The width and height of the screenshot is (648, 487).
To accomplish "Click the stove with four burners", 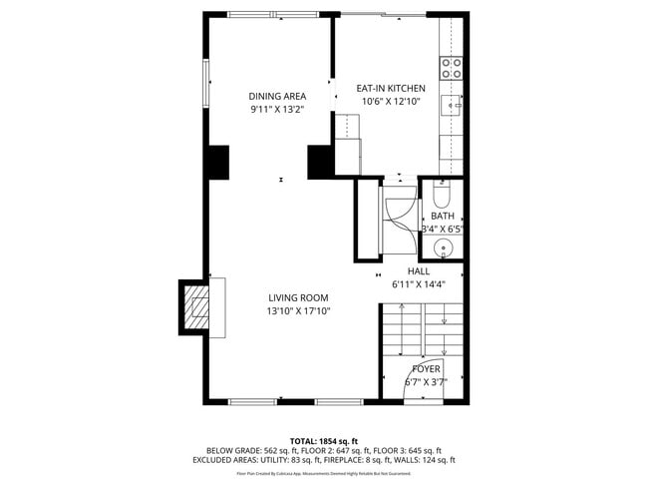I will coord(452,68).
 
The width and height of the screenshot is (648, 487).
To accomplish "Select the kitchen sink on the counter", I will coord(452,104).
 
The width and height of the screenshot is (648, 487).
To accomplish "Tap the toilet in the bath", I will coord(443,193).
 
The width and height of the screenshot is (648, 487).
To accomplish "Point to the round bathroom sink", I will coord(445,248).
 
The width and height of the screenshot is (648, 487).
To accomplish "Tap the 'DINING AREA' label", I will coord(276,97).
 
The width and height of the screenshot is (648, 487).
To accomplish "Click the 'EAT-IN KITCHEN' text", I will coord(391,88).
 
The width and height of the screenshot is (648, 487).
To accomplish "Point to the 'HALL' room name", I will coord(419,270).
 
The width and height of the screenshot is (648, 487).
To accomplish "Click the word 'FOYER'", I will coord(426,368).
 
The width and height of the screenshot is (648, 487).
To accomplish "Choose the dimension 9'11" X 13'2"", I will coord(276,110).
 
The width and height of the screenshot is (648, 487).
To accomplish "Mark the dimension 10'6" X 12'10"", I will coord(391,101).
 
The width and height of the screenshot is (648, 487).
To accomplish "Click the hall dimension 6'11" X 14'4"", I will coord(419,283).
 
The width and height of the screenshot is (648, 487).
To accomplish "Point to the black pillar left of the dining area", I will coord(216,162).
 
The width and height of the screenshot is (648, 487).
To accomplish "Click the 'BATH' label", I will coord(442,216).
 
